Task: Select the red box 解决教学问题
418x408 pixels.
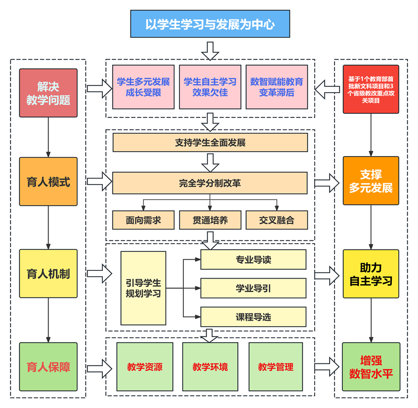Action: [x=48, y=93]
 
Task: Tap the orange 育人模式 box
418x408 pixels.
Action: [x=48, y=182]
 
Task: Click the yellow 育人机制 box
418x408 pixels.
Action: [x=48, y=273]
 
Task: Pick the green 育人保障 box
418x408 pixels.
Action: [x=48, y=367]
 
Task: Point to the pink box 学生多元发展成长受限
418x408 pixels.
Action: [x=143, y=87]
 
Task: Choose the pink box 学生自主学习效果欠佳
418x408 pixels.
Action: [x=210, y=87]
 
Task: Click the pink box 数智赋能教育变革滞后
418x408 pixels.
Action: [x=276, y=87]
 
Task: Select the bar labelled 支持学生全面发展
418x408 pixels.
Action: [x=210, y=143]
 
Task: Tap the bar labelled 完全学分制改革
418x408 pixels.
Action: [x=210, y=183]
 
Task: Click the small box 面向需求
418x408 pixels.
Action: [x=143, y=220]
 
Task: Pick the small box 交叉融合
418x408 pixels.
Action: [x=276, y=220]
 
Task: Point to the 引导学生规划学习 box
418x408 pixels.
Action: [x=143, y=288]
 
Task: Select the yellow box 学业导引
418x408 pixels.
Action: [x=253, y=288]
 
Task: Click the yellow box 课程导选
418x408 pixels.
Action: [x=253, y=317]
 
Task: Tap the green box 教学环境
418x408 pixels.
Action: [x=210, y=367]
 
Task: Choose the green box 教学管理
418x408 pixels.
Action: [x=275, y=367]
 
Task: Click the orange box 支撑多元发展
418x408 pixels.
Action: [x=371, y=181]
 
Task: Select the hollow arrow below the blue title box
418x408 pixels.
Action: [x=210, y=50]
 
